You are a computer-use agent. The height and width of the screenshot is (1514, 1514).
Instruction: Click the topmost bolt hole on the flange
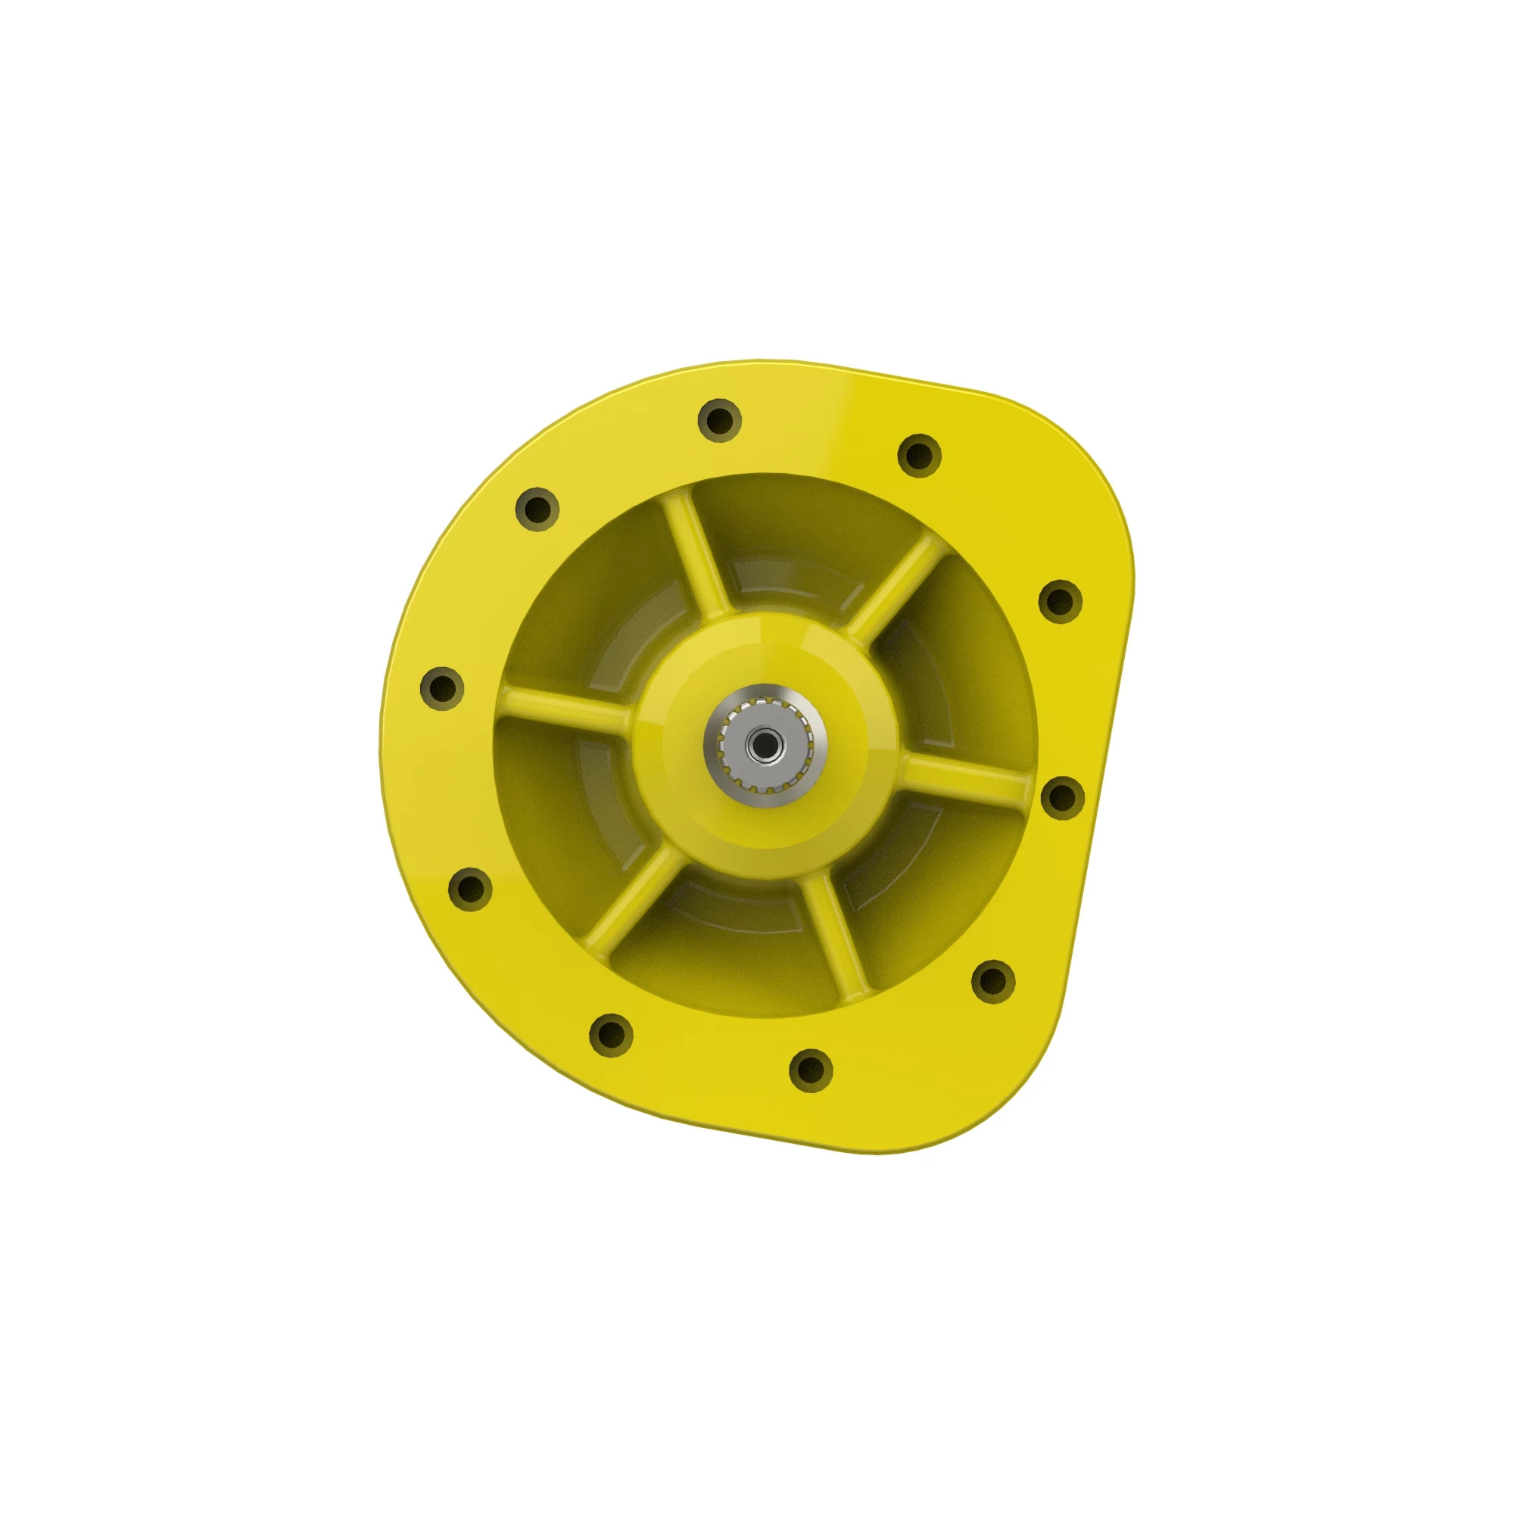(x=719, y=420)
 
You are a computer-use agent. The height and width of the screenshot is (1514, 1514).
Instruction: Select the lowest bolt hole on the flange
(x=810, y=1069)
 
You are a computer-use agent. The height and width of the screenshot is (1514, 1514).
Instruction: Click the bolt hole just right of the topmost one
(x=918, y=454)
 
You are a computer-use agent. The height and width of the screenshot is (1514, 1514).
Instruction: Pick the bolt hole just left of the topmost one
(x=537, y=509)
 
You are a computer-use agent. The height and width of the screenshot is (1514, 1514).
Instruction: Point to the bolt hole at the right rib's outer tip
(x=1062, y=797)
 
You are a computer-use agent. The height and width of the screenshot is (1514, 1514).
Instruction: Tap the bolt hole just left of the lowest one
(x=610, y=1034)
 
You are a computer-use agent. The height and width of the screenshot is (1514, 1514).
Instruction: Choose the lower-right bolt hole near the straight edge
(x=993, y=980)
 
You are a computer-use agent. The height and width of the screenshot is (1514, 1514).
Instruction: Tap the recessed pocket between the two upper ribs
(x=792, y=549)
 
